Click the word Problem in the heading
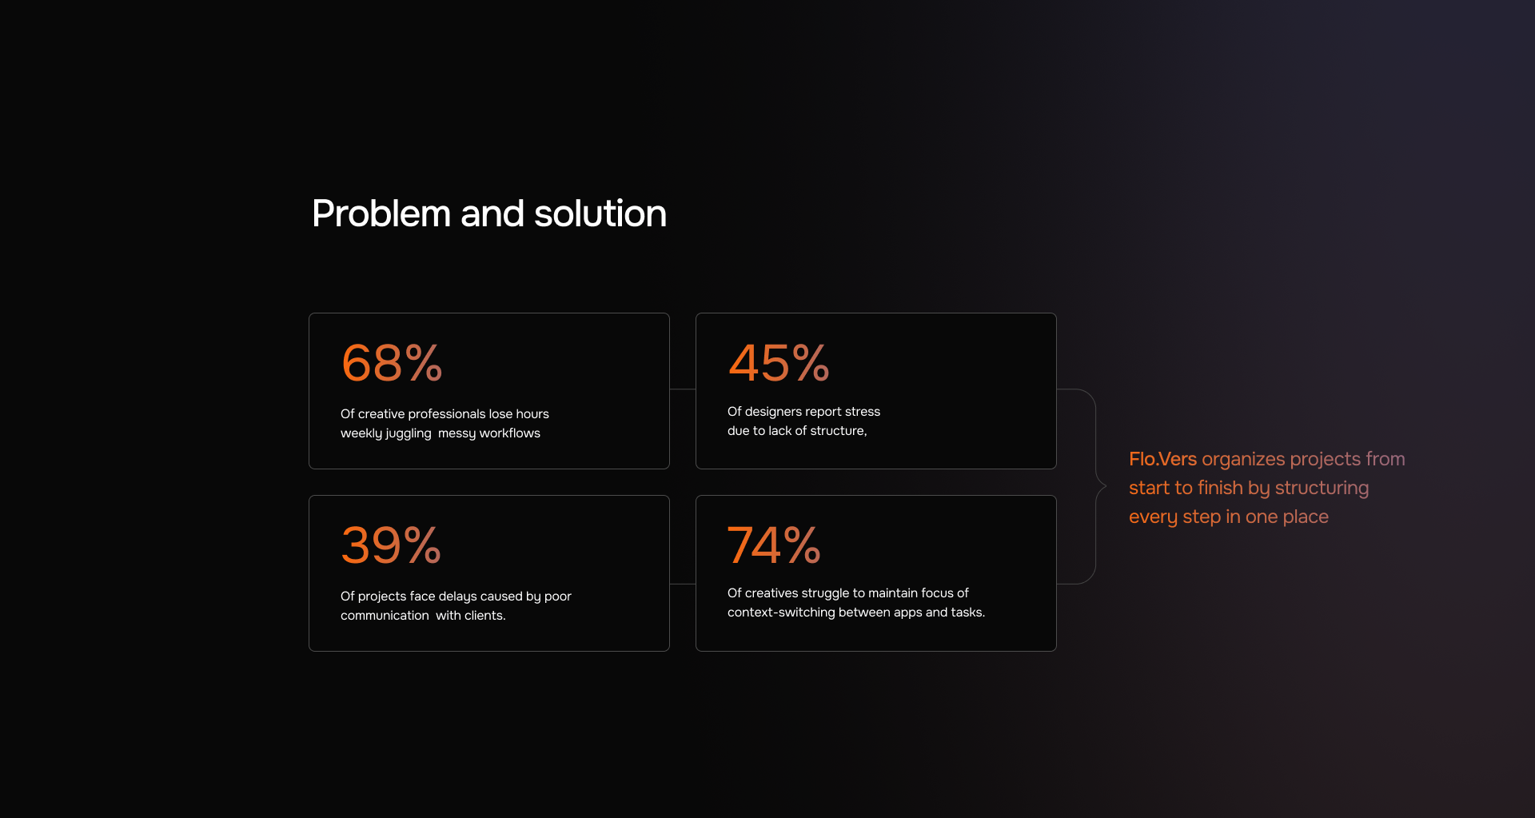[x=381, y=213]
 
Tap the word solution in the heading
[x=600, y=213]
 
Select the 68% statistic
[x=392, y=363]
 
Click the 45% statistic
[x=779, y=363]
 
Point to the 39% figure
[x=391, y=545]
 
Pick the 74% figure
[x=774, y=545]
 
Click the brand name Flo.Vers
[x=1162, y=459]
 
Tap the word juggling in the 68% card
[x=409, y=433]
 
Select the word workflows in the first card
[x=510, y=433]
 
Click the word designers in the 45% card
[x=773, y=412]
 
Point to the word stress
[x=863, y=412]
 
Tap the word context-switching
[x=781, y=613]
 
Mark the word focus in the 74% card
[x=937, y=593]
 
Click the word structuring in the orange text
[x=1322, y=489]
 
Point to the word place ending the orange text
[x=1306, y=517]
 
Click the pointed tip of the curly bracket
[x=1106, y=485]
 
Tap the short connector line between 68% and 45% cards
[x=683, y=389]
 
